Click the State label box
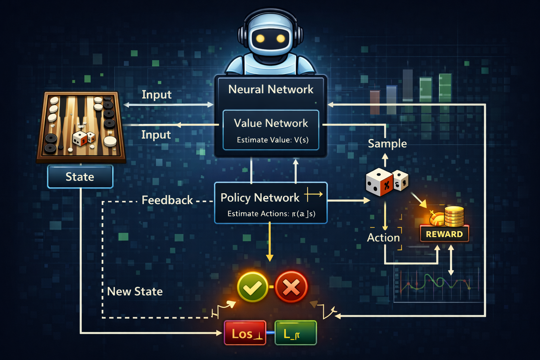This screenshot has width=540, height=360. point(80,176)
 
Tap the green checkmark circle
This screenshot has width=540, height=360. point(252,287)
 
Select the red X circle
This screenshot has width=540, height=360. point(291,287)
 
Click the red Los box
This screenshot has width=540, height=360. point(245,333)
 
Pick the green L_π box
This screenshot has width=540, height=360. point(295,333)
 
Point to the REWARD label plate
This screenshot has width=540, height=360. point(444,234)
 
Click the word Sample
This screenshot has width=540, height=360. point(387,143)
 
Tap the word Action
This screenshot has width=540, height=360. point(383,238)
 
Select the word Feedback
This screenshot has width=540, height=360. point(167,200)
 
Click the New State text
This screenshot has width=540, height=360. point(135,291)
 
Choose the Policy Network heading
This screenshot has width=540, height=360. point(260,198)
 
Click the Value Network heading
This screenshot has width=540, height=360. point(271,123)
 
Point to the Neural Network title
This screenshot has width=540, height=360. point(271,89)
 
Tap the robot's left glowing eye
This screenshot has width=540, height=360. point(260,38)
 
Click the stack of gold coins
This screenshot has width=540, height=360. point(454,216)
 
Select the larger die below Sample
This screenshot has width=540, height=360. point(379,182)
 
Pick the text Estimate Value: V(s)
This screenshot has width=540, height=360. point(272,140)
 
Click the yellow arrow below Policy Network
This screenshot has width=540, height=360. point(270,243)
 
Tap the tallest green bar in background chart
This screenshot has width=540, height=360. point(445,88)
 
